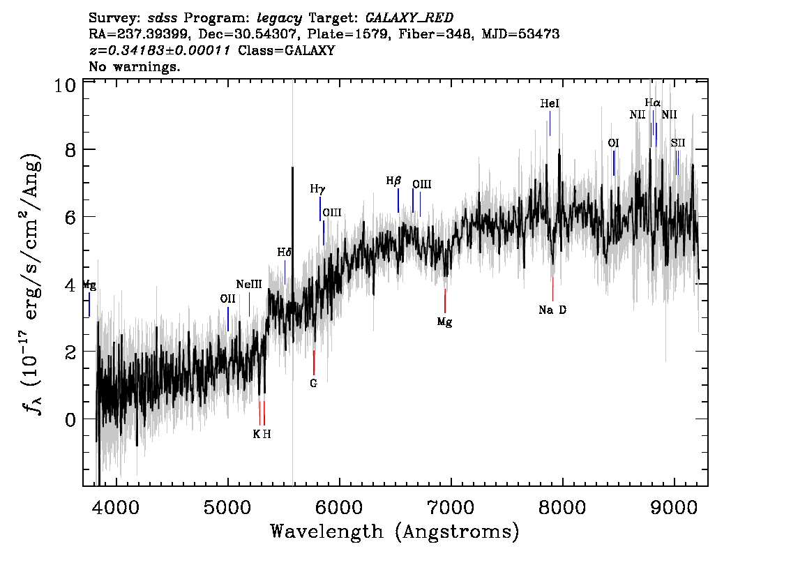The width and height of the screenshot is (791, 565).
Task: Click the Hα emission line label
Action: point(652,103)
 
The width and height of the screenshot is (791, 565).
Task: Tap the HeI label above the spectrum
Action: point(550,103)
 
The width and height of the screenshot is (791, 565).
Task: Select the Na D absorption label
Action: point(552,310)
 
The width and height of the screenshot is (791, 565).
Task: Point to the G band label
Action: point(313,384)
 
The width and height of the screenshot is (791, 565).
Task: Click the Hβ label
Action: point(393,181)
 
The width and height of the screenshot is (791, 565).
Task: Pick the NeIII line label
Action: point(249,285)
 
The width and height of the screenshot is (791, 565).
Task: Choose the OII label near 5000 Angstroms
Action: point(227,299)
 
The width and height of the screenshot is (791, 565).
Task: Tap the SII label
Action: point(677,143)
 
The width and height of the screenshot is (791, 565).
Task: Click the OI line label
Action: point(613,143)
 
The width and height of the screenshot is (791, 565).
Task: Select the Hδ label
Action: point(284,253)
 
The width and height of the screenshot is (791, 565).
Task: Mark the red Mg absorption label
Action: point(444,322)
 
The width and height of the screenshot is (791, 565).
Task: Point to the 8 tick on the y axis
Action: point(71,150)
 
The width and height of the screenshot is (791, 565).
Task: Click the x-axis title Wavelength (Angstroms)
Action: point(395,532)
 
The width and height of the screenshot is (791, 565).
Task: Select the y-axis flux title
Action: point(31,282)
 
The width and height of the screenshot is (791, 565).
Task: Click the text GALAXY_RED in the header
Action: point(409,18)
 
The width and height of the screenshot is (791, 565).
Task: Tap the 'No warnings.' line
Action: point(134,66)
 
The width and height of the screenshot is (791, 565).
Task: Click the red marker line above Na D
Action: point(552,289)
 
